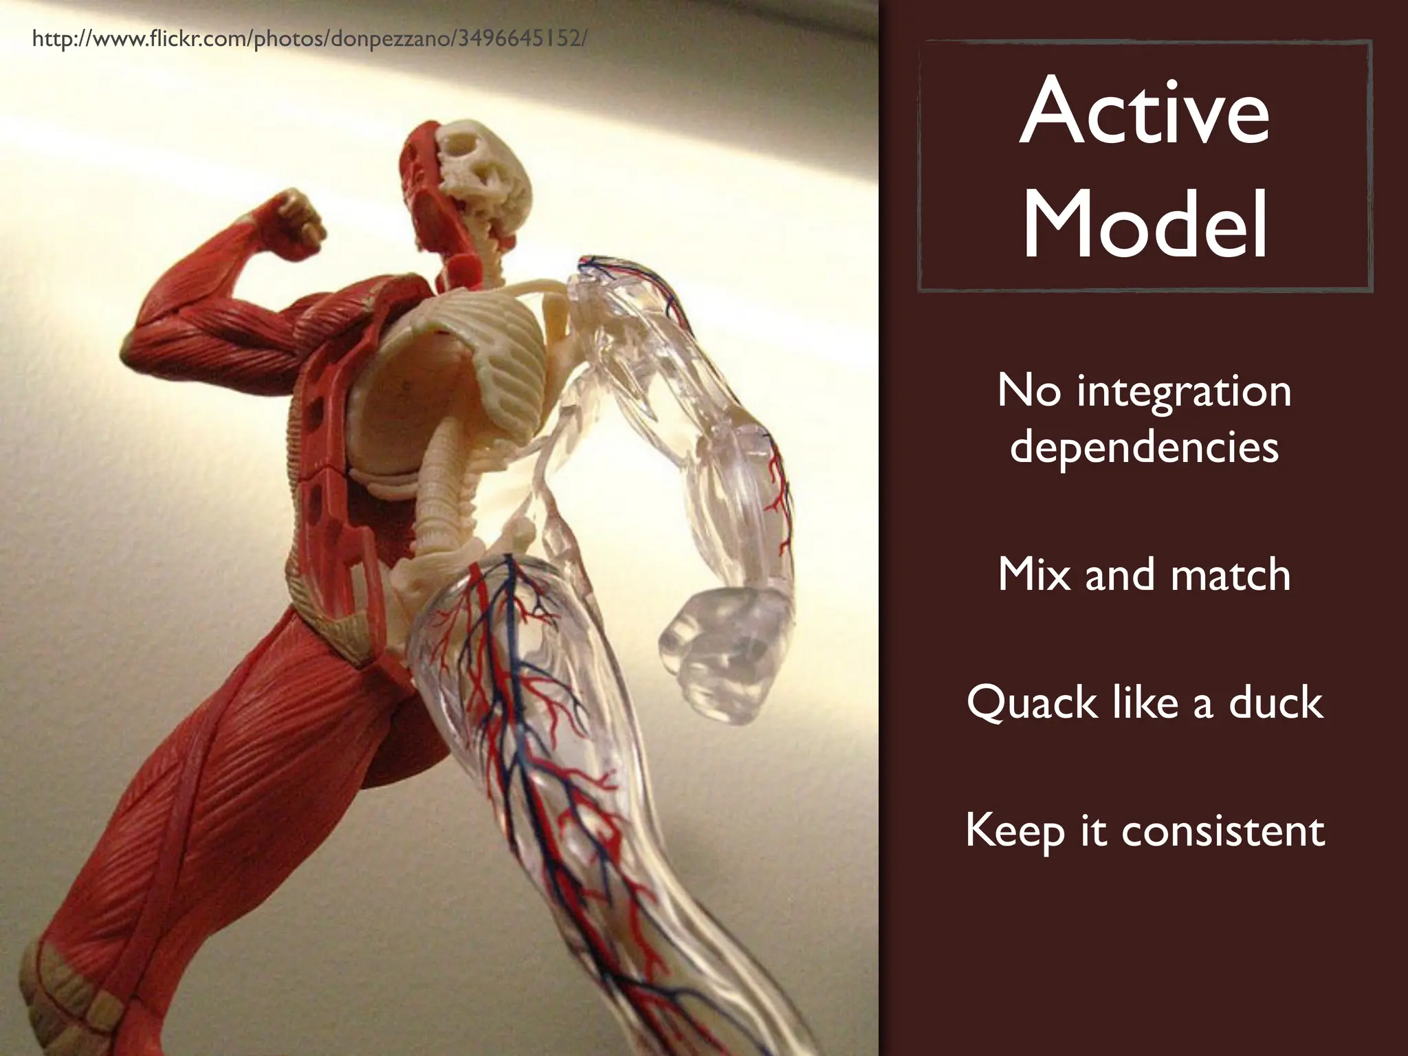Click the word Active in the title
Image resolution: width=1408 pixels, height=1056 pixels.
(x=1144, y=112)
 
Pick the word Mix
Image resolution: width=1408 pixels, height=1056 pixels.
(x=1035, y=574)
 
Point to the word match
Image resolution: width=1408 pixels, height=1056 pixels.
(x=1230, y=575)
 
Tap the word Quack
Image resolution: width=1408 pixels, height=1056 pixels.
(x=1022, y=703)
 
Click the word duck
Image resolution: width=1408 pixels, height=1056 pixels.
(x=1275, y=703)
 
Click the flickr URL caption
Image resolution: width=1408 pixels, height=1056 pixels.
(x=309, y=39)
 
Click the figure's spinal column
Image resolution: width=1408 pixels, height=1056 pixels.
(x=440, y=481)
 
